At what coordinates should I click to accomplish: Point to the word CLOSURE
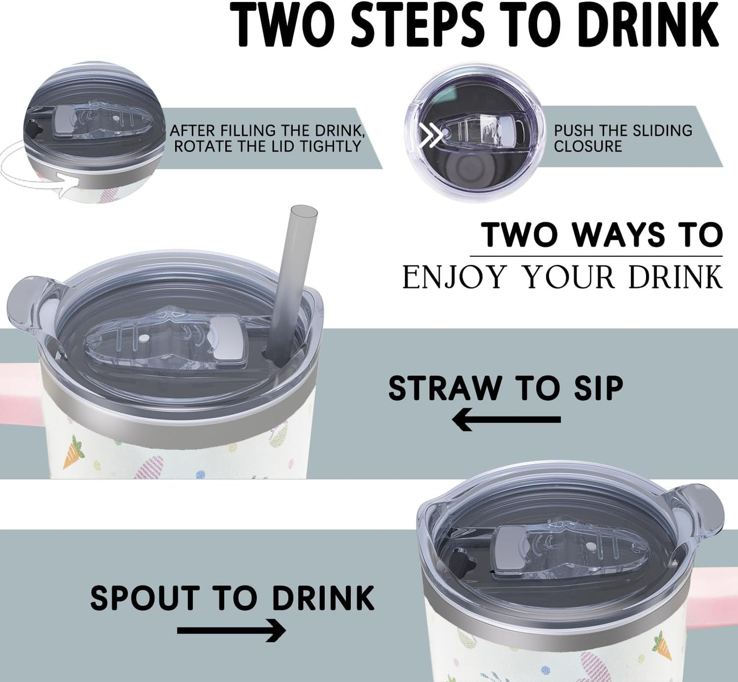(x=588, y=146)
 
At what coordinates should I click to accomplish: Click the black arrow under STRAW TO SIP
(x=507, y=420)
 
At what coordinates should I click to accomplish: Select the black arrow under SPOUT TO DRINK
(x=231, y=630)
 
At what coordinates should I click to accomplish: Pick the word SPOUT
(x=144, y=598)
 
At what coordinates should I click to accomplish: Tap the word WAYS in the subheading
(x=616, y=235)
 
